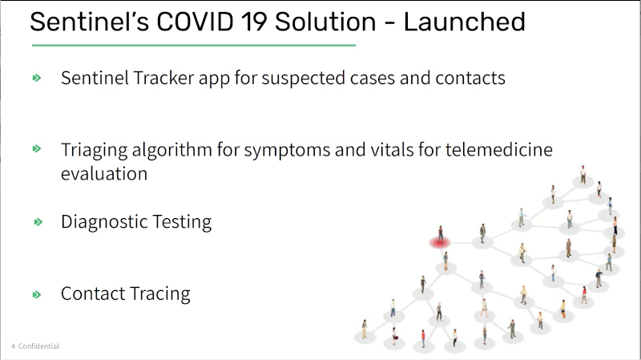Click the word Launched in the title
(x=465, y=22)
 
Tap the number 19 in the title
(x=255, y=22)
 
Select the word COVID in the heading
(x=195, y=22)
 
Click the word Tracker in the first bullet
(x=163, y=78)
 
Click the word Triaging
(x=94, y=151)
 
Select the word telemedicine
(x=498, y=149)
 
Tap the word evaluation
(x=104, y=174)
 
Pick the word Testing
(x=183, y=222)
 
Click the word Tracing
(x=160, y=294)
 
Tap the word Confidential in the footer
(x=38, y=346)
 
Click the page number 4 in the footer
(x=13, y=346)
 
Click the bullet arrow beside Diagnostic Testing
(x=38, y=222)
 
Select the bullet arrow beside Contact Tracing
(x=37, y=294)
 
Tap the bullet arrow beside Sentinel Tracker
(x=37, y=78)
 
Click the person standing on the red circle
(x=440, y=234)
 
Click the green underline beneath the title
(x=194, y=46)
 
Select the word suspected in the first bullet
(x=304, y=79)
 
